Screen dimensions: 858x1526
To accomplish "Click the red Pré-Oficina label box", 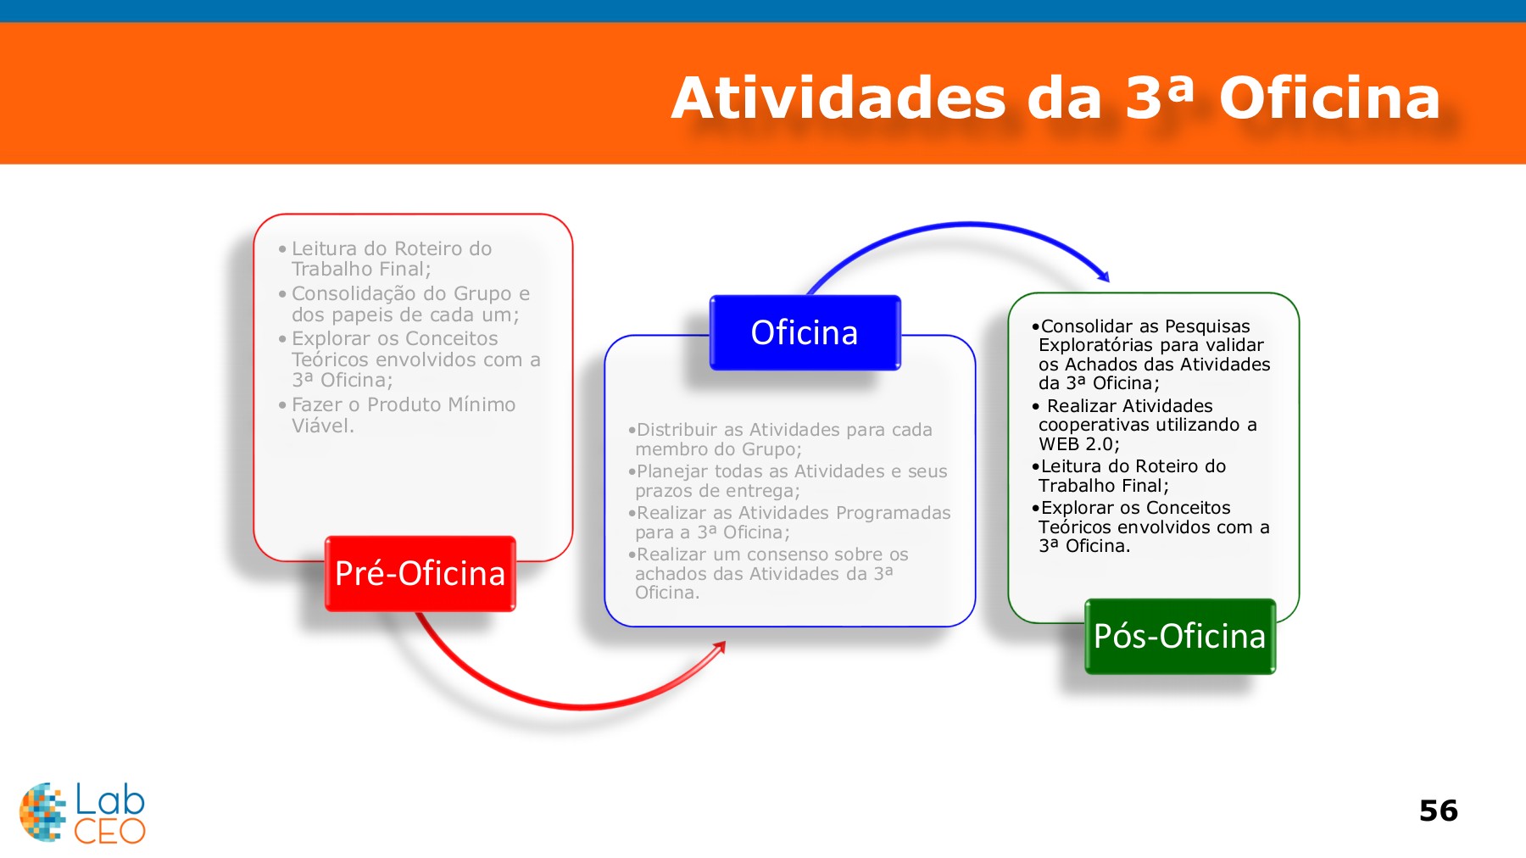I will (420, 573).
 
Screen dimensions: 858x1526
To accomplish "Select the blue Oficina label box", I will (805, 332).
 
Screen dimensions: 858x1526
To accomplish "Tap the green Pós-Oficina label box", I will (1179, 636).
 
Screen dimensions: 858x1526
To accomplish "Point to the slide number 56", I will (1438, 811).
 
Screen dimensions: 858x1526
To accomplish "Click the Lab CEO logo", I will (82, 812).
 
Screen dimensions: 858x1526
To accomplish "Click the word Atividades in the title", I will (838, 98).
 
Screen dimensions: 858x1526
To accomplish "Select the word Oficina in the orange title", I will (1329, 98).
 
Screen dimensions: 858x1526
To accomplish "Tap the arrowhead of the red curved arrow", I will (721, 646).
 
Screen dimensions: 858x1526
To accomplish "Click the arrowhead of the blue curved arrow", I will (1103, 276).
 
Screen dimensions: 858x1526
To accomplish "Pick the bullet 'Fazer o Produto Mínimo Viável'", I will (403, 415).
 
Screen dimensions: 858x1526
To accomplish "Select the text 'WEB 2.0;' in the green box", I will (1078, 444).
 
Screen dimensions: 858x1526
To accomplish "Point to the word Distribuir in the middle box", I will (677, 430).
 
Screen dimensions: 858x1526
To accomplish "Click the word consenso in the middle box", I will (788, 554).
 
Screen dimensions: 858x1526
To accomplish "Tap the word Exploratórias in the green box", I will (1093, 345).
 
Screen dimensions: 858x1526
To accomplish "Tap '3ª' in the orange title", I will (1159, 98).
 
